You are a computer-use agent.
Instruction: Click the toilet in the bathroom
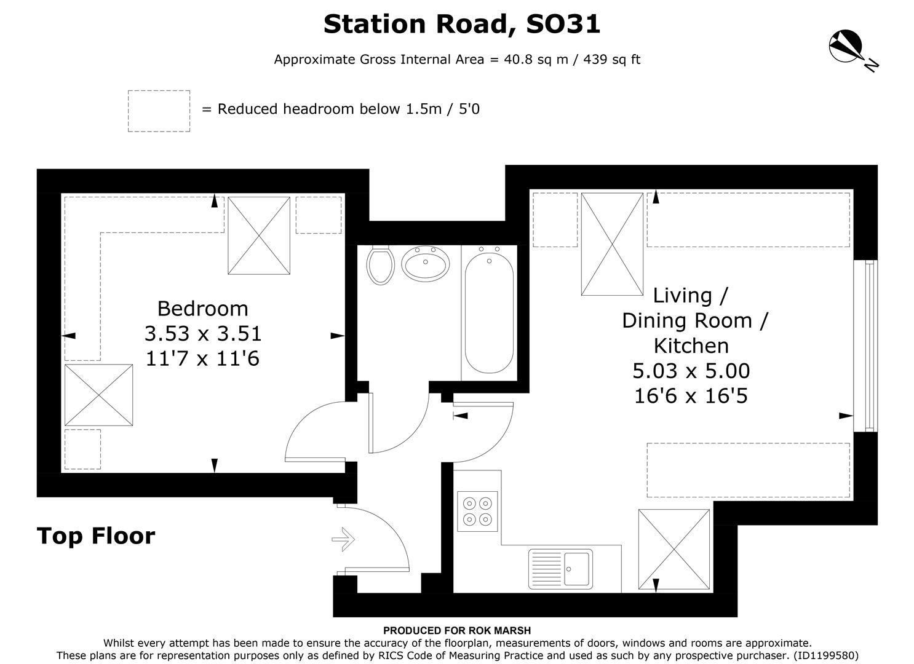[380, 265]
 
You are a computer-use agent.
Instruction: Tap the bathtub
[489, 313]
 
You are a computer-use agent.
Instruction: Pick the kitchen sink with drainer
[560, 569]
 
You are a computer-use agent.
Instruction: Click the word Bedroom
[202, 308]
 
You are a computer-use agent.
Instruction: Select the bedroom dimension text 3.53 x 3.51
[203, 333]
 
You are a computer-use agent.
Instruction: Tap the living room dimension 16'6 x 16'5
[691, 396]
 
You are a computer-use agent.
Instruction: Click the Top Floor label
[96, 536]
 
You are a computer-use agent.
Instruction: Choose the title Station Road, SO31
[461, 24]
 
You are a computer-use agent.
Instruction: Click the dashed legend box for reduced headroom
[159, 111]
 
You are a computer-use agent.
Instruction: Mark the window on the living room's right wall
[868, 346]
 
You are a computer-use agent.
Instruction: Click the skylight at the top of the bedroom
[259, 235]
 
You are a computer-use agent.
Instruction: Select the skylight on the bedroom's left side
[98, 395]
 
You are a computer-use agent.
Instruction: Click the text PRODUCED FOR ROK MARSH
[456, 630]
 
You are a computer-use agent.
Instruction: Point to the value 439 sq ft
[610, 60]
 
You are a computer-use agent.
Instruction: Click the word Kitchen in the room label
[691, 346]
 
